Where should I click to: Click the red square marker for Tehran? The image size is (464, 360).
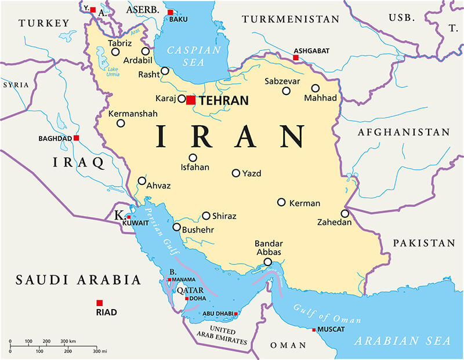coord(191,100)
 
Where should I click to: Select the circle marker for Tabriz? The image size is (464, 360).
coord(115,52)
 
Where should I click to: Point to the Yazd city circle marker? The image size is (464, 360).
coord(236,173)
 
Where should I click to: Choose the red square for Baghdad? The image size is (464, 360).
coord(76,138)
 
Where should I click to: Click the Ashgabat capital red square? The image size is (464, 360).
coord(296,58)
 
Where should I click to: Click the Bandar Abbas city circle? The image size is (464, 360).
coord(267,262)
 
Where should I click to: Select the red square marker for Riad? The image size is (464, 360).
coord(100,303)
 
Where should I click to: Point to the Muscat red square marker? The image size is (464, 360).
coord(314,330)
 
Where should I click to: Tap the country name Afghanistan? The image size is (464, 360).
coord(401,132)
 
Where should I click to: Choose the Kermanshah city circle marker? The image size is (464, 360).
coord(121,123)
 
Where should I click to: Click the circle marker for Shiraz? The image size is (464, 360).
coord(206,216)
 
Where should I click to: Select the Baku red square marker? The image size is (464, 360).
coord(170,12)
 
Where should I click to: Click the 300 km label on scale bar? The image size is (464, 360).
coord(68,341)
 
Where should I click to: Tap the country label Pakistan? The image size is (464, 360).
coord(423,243)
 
